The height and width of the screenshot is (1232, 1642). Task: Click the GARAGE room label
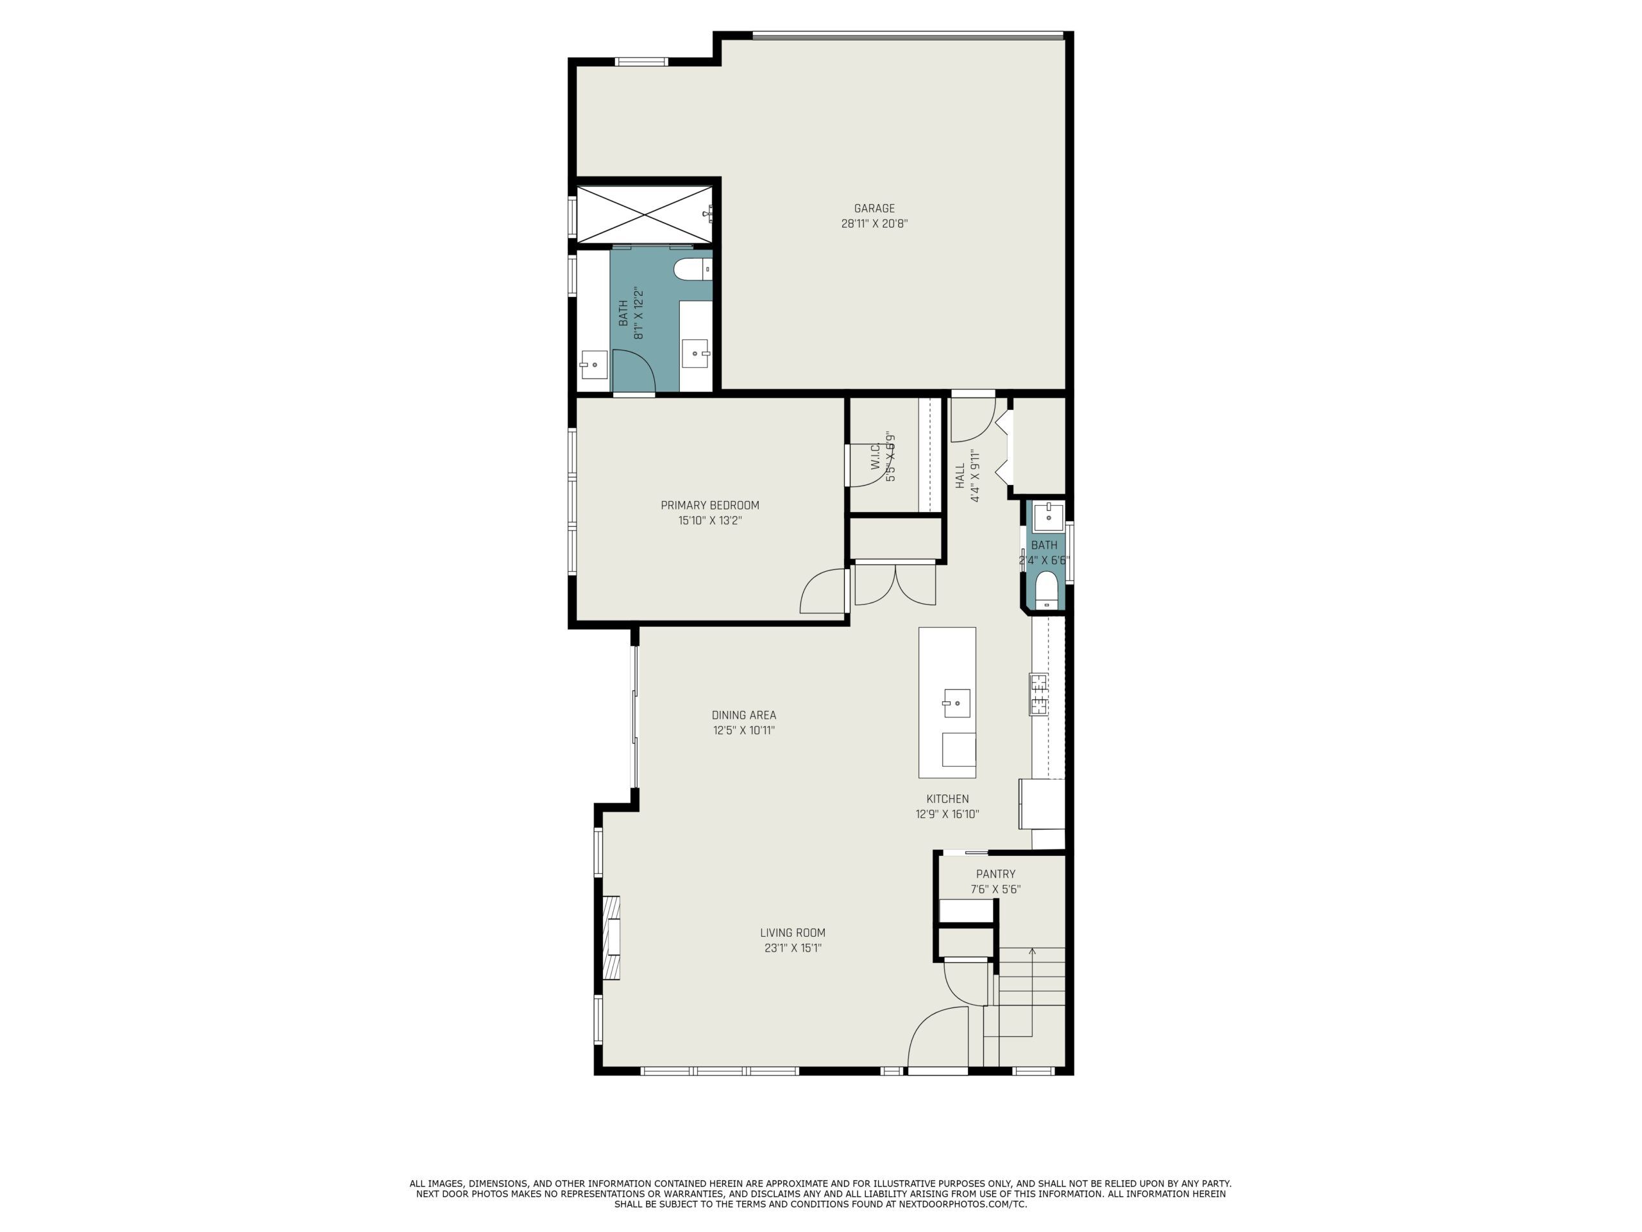[874, 209]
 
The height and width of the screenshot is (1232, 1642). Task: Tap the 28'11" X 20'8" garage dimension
[874, 223]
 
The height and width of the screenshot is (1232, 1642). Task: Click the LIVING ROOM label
[792, 933]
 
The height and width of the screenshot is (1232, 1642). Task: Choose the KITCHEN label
[947, 799]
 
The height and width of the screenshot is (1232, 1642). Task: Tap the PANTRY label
[995, 874]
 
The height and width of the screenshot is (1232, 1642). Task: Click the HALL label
[959, 476]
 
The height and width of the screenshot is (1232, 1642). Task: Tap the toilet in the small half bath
[1046, 590]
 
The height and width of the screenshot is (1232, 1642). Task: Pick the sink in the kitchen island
[956, 703]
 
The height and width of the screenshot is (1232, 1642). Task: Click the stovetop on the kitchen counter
[1038, 694]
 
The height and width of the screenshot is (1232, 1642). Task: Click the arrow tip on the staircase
[1032, 948]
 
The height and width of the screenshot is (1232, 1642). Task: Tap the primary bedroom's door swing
[822, 591]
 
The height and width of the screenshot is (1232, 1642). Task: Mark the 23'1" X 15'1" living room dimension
[792, 948]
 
